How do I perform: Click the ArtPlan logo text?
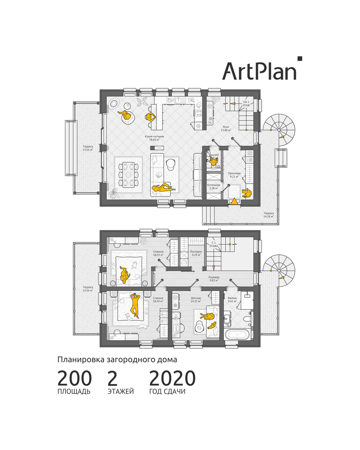point(259,71)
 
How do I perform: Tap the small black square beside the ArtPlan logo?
point(300,59)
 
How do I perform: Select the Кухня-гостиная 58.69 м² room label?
point(154,138)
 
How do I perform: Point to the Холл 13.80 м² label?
point(226,129)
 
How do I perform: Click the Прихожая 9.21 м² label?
point(234,175)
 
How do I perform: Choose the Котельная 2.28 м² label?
point(214,187)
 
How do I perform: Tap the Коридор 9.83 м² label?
point(214,279)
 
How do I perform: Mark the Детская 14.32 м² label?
point(196,300)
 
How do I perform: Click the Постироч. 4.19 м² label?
point(196,253)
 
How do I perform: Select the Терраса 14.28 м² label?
point(268,215)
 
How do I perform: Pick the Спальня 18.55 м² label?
point(158,253)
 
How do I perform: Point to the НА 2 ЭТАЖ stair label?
point(246,104)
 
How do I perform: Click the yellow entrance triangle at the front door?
point(234,201)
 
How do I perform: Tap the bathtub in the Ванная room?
point(236,334)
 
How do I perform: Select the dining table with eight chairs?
point(129,174)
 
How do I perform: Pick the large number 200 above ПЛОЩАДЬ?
point(74,379)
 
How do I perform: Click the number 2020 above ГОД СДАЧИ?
point(172,379)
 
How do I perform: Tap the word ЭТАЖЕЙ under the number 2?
point(121,391)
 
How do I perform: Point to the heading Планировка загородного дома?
point(117,360)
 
